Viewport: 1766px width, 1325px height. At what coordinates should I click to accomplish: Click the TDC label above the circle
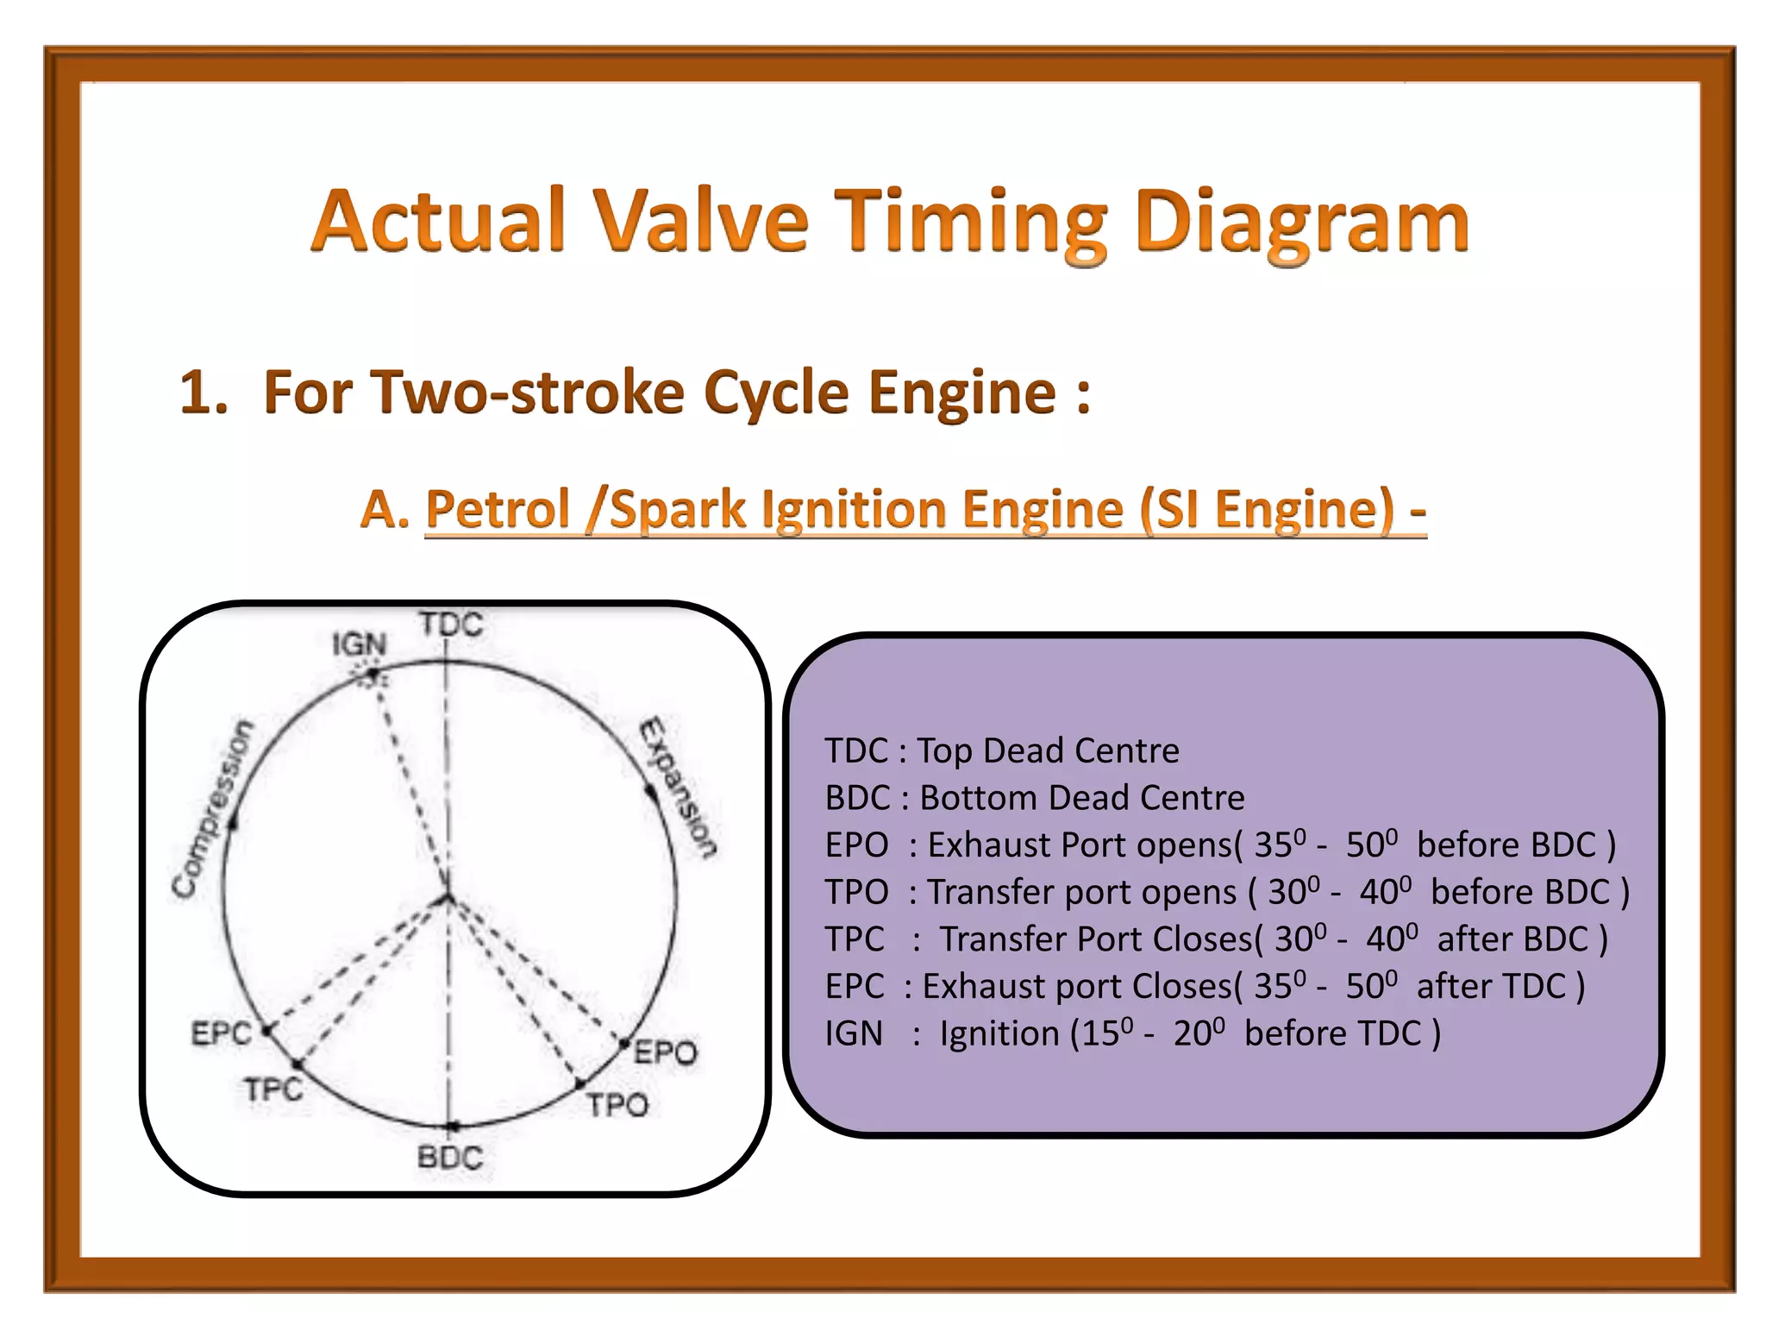pyautogui.click(x=451, y=624)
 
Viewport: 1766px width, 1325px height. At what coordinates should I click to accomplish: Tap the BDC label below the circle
pyautogui.click(x=449, y=1157)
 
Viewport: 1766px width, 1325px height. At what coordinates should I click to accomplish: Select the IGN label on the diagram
pyautogui.click(x=360, y=644)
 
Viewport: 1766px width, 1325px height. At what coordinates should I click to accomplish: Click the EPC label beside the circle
pyautogui.click(x=221, y=1033)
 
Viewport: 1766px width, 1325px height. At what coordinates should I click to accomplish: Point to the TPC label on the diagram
pyautogui.click(x=273, y=1090)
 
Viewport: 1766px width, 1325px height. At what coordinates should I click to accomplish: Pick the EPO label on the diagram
pyautogui.click(x=666, y=1053)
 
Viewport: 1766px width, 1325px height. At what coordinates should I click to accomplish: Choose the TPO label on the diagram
pyautogui.click(x=617, y=1105)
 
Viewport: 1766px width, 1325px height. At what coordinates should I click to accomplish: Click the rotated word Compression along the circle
pyautogui.click(x=211, y=809)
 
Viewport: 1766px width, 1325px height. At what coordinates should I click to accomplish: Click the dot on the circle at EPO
pyautogui.click(x=625, y=1044)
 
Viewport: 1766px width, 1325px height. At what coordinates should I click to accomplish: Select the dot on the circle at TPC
pyautogui.click(x=297, y=1064)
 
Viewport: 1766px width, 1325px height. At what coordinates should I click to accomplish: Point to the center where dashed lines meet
pyautogui.click(x=447, y=898)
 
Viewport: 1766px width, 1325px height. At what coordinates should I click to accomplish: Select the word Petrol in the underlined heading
pyautogui.click(x=498, y=509)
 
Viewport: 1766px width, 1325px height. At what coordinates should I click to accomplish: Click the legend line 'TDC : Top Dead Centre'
pyautogui.click(x=1001, y=750)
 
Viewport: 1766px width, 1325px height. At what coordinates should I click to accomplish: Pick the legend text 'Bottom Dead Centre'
pyautogui.click(x=1082, y=798)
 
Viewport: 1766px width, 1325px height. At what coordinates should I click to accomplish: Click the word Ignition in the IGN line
pyautogui.click(x=999, y=1033)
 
